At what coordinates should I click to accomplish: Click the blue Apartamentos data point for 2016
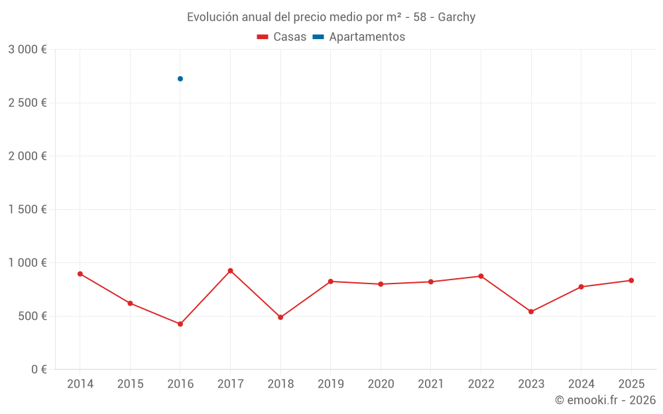point(180,79)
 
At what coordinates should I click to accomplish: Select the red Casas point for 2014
point(80,274)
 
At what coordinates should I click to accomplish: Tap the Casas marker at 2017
point(230,271)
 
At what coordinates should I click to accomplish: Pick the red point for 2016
point(180,324)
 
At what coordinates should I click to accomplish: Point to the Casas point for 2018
point(280,317)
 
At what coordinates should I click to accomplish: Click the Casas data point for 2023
point(531,311)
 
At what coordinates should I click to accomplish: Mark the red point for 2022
point(481,276)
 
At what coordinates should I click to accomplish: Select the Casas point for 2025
point(631,280)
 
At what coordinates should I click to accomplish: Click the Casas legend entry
point(282,37)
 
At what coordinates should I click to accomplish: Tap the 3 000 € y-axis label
point(27,50)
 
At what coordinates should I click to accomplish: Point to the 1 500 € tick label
point(27,209)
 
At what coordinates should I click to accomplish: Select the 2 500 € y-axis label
point(27,103)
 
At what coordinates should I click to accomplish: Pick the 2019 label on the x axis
point(331,384)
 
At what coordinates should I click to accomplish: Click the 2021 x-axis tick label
point(431,384)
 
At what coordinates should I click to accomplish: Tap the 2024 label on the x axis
point(581,384)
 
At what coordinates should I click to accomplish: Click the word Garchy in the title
point(457,17)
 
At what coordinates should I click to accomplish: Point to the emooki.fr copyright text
point(605,400)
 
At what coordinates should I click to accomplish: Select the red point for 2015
point(130,303)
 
